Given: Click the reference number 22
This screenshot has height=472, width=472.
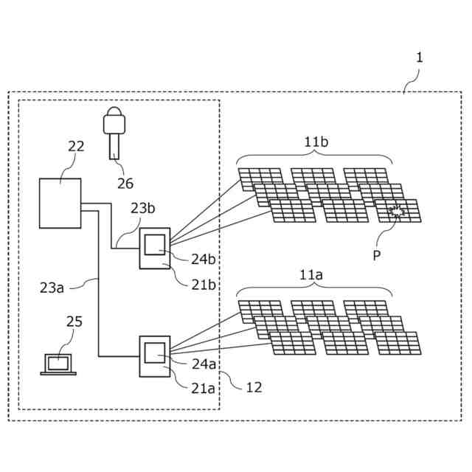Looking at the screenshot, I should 76,146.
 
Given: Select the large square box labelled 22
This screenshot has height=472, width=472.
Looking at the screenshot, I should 60,203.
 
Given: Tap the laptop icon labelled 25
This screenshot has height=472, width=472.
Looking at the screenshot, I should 58,364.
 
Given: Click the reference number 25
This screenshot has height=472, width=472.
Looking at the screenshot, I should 74,322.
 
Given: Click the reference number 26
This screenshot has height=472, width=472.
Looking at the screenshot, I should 126,182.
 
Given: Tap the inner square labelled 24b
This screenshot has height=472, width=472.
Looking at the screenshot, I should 156,243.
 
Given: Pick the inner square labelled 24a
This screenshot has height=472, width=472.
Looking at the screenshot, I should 156,352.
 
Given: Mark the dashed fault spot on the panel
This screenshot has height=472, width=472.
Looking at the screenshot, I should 397,212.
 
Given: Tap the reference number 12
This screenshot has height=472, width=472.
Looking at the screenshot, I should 253,386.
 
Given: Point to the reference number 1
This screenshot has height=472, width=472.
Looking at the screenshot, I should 420,57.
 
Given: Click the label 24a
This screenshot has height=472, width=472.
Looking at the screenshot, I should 204,363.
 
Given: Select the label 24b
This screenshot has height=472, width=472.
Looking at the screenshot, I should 204,259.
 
